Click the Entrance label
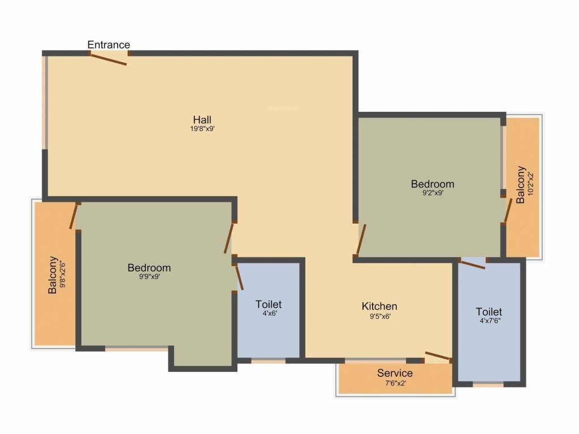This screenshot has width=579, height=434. tap(109, 45)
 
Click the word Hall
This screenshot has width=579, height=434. tap(202, 120)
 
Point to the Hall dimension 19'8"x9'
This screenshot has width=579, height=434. tap(202, 129)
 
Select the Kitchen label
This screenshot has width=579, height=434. tap(379, 306)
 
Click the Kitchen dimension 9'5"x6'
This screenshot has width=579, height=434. tap(379, 316)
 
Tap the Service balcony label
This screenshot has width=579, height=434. tap(395, 373)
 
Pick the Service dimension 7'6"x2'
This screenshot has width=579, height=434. tap(395, 383)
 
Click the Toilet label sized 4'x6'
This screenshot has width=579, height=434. tap(268, 305)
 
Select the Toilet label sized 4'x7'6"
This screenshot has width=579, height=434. tap(489, 311)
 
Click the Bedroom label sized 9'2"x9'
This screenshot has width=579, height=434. tap(433, 184)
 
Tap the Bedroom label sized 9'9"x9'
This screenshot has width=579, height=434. tap(149, 267)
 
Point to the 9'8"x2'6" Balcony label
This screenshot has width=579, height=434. tap(53, 275)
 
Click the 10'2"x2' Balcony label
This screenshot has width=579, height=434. tap(521, 184)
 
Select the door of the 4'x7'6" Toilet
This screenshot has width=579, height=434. tap(472, 264)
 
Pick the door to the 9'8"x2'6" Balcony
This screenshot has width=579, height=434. tap(74, 216)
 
